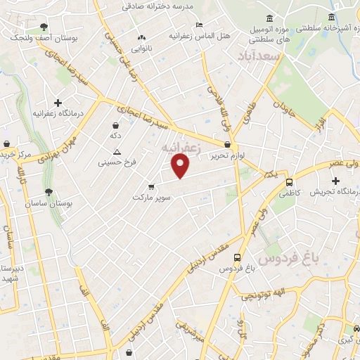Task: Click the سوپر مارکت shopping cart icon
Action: pos(151,187)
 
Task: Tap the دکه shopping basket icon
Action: pos(115,124)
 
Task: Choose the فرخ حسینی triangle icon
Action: pos(117,152)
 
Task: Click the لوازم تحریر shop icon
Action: pos(227,144)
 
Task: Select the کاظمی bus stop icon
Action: pos(289,182)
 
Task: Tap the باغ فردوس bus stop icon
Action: pos(237,258)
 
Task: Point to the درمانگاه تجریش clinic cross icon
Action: pos(335,181)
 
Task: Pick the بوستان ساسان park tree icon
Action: pos(48,192)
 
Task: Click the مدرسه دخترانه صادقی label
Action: pos(158,5)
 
